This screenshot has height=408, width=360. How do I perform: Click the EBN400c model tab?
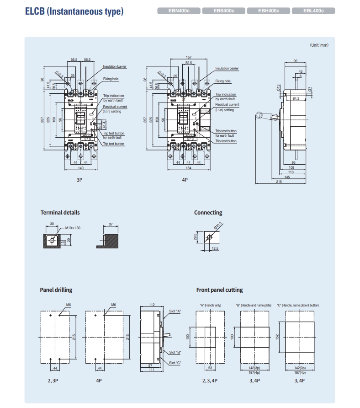coord(179,11)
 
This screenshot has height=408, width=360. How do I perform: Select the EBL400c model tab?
coord(313,11)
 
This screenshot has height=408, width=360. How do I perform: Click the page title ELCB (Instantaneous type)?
coord(74,11)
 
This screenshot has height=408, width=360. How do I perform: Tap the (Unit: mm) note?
coord(319,45)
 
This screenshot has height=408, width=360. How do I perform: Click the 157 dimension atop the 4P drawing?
coord(189,57)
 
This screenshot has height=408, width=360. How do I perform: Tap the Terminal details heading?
coord(60,213)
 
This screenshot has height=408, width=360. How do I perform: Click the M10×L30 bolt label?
coord(73,227)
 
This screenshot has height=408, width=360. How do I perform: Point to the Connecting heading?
coord(208,213)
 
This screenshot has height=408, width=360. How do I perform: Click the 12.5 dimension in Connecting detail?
coord(215,248)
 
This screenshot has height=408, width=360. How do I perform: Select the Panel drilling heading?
coord(56,290)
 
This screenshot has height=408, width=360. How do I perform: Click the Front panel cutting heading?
coord(219,290)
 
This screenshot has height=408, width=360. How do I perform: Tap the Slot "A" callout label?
coord(175,311)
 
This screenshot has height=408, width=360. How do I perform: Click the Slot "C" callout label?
coord(175,363)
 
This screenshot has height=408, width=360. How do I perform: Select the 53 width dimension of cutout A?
coord(210,367)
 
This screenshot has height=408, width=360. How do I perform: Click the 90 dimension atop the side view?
coord(295,61)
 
